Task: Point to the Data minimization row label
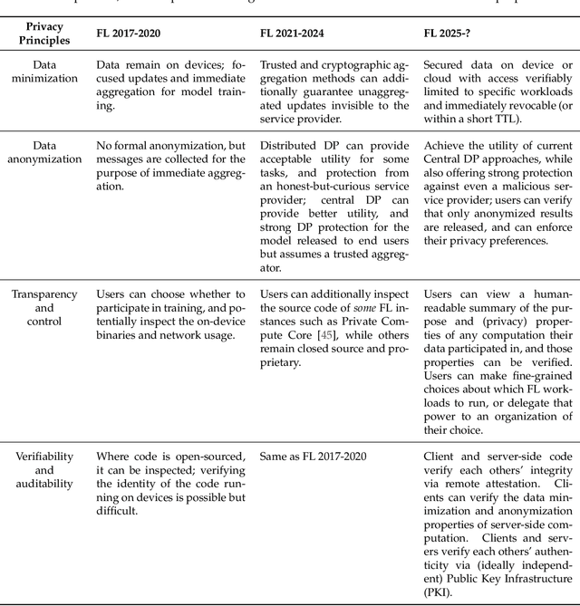pos(43,72)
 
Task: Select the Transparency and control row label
pos(43,308)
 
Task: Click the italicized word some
pos(382,308)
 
